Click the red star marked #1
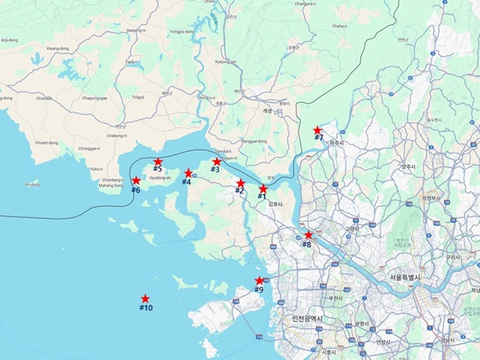click(263, 189)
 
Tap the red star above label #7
click(317, 130)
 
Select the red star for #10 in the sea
click(145, 298)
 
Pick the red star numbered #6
click(136, 180)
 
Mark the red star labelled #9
click(259, 280)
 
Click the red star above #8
click(308, 235)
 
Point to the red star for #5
click(157, 161)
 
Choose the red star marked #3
click(217, 161)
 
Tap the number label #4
click(187, 182)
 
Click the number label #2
click(239, 191)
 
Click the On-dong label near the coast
click(31, 184)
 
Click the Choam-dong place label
click(46, 142)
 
